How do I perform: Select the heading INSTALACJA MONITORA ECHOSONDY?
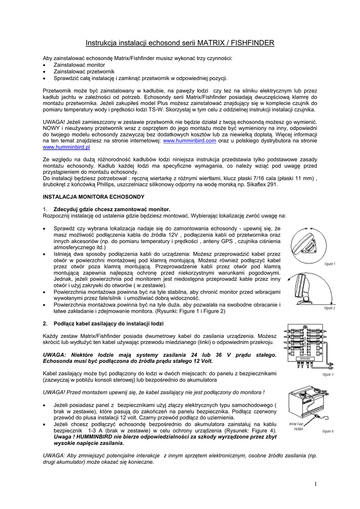tap(87, 197)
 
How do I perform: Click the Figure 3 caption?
tap(328, 374)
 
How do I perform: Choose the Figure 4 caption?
tap(328, 431)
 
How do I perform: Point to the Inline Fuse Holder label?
tap(298, 426)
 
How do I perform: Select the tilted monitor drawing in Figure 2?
tap(302, 289)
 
